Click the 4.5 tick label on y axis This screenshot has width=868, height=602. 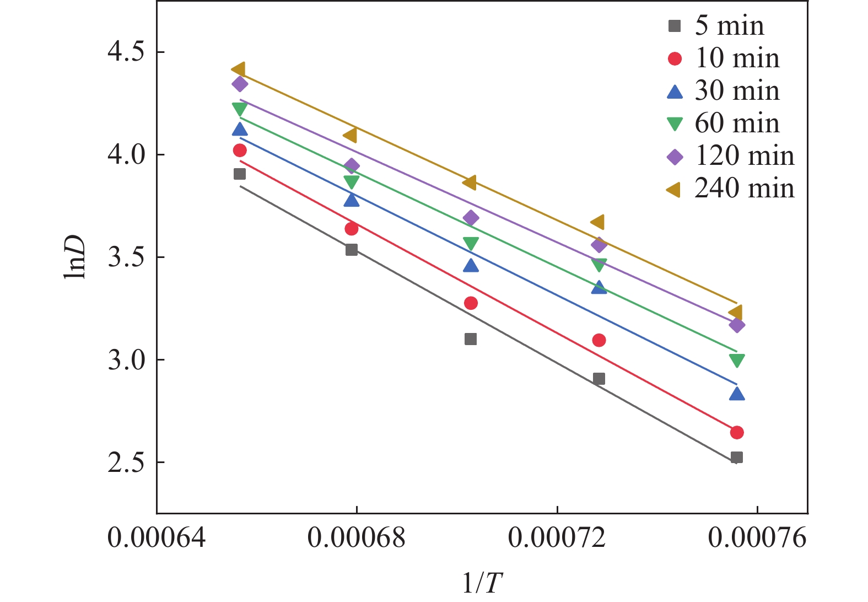click(x=126, y=52)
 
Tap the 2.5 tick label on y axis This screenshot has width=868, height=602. click(x=126, y=463)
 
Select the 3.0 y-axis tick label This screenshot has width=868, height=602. click(x=126, y=360)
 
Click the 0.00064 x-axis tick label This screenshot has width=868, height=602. click(x=157, y=537)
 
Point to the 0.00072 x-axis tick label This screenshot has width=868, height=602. click(x=557, y=537)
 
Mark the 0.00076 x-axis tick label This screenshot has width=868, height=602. click(x=757, y=537)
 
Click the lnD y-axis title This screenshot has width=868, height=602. click(x=74, y=257)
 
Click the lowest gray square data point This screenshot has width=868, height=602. click(x=737, y=458)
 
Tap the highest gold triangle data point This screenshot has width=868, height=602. click(x=239, y=69)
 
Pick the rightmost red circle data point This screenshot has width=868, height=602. click(x=737, y=432)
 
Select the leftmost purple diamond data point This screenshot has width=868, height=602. click(x=240, y=84)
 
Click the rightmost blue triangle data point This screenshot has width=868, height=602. click(x=737, y=394)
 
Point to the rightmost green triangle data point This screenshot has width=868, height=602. click(x=737, y=360)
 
